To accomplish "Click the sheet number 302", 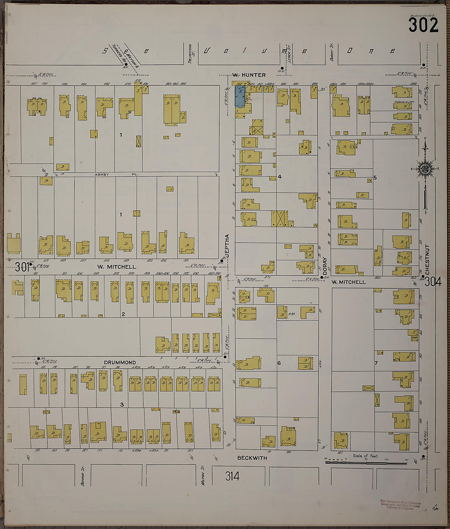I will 423,25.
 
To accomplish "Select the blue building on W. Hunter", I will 240,97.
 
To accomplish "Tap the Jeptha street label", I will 227,245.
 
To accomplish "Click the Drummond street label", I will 119,362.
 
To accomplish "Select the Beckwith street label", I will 252,458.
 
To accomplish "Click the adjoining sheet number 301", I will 22,267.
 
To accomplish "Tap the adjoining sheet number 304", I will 432,282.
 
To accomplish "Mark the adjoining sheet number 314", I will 232,476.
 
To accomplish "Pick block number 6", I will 279,362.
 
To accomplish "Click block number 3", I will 122,405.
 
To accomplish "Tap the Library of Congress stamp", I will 400,505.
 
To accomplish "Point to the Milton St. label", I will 202,474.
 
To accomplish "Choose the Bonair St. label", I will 82,474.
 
